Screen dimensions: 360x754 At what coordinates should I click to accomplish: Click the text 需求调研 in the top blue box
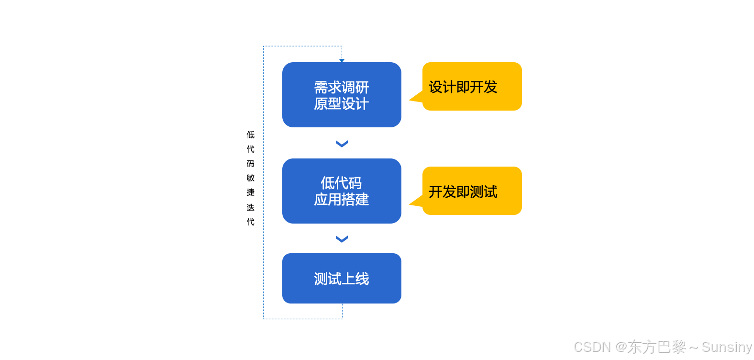(x=341, y=87)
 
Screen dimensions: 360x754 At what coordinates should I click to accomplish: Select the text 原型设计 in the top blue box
(x=341, y=103)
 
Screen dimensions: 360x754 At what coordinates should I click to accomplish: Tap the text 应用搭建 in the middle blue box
(x=341, y=199)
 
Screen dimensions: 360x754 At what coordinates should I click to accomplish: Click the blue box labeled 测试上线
(x=342, y=278)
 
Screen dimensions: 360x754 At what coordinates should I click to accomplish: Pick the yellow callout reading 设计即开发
(x=472, y=87)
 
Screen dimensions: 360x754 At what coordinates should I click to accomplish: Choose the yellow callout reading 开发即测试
(x=472, y=191)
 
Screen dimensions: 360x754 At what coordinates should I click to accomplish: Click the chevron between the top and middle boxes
(x=342, y=144)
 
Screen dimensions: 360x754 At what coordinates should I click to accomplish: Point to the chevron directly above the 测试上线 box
(x=342, y=239)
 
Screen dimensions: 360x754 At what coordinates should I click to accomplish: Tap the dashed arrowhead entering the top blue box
(x=342, y=60)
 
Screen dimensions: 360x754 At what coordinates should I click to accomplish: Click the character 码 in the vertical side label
(x=250, y=164)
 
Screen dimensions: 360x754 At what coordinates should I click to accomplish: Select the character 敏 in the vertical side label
(x=250, y=178)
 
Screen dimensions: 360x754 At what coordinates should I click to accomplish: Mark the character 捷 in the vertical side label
(x=250, y=192)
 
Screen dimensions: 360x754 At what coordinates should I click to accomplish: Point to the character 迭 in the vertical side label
(x=250, y=207)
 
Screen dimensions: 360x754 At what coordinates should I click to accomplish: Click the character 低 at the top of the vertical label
(x=250, y=135)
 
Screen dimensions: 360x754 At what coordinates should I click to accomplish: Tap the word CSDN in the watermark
(x=592, y=347)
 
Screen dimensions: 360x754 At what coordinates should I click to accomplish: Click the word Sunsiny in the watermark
(x=727, y=347)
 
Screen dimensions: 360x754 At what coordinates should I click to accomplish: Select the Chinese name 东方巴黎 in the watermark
(x=657, y=347)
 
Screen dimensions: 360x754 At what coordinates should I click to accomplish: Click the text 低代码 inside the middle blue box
(x=341, y=183)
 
